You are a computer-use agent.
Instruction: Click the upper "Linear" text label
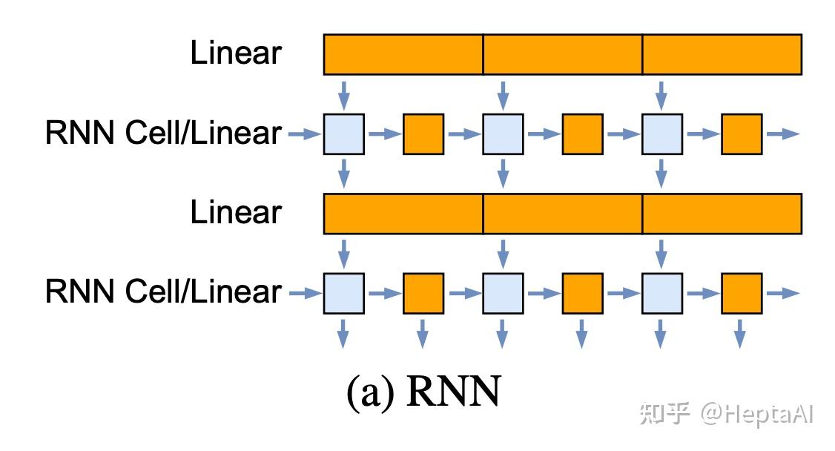[x=236, y=54]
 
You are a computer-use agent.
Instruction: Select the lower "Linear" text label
[x=236, y=213]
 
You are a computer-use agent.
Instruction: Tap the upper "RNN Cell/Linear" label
[x=163, y=134]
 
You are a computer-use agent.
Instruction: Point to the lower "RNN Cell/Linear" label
[x=163, y=292]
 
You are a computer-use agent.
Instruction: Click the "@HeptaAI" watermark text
[x=758, y=414]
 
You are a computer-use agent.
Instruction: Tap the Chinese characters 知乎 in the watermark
[x=665, y=414]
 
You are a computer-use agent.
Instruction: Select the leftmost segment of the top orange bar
[x=403, y=54]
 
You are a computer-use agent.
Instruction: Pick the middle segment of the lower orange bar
[x=562, y=213]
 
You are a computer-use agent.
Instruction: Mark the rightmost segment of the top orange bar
[x=722, y=54]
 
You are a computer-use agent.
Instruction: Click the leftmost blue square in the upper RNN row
[x=344, y=134]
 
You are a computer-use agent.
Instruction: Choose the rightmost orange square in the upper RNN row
[x=742, y=134]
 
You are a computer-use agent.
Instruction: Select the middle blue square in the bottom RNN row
[x=503, y=293]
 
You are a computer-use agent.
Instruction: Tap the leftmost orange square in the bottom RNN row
[x=423, y=293]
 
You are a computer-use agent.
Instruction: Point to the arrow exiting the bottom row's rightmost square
[x=782, y=293]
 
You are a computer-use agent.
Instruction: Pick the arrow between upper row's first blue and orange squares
[x=383, y=134]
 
